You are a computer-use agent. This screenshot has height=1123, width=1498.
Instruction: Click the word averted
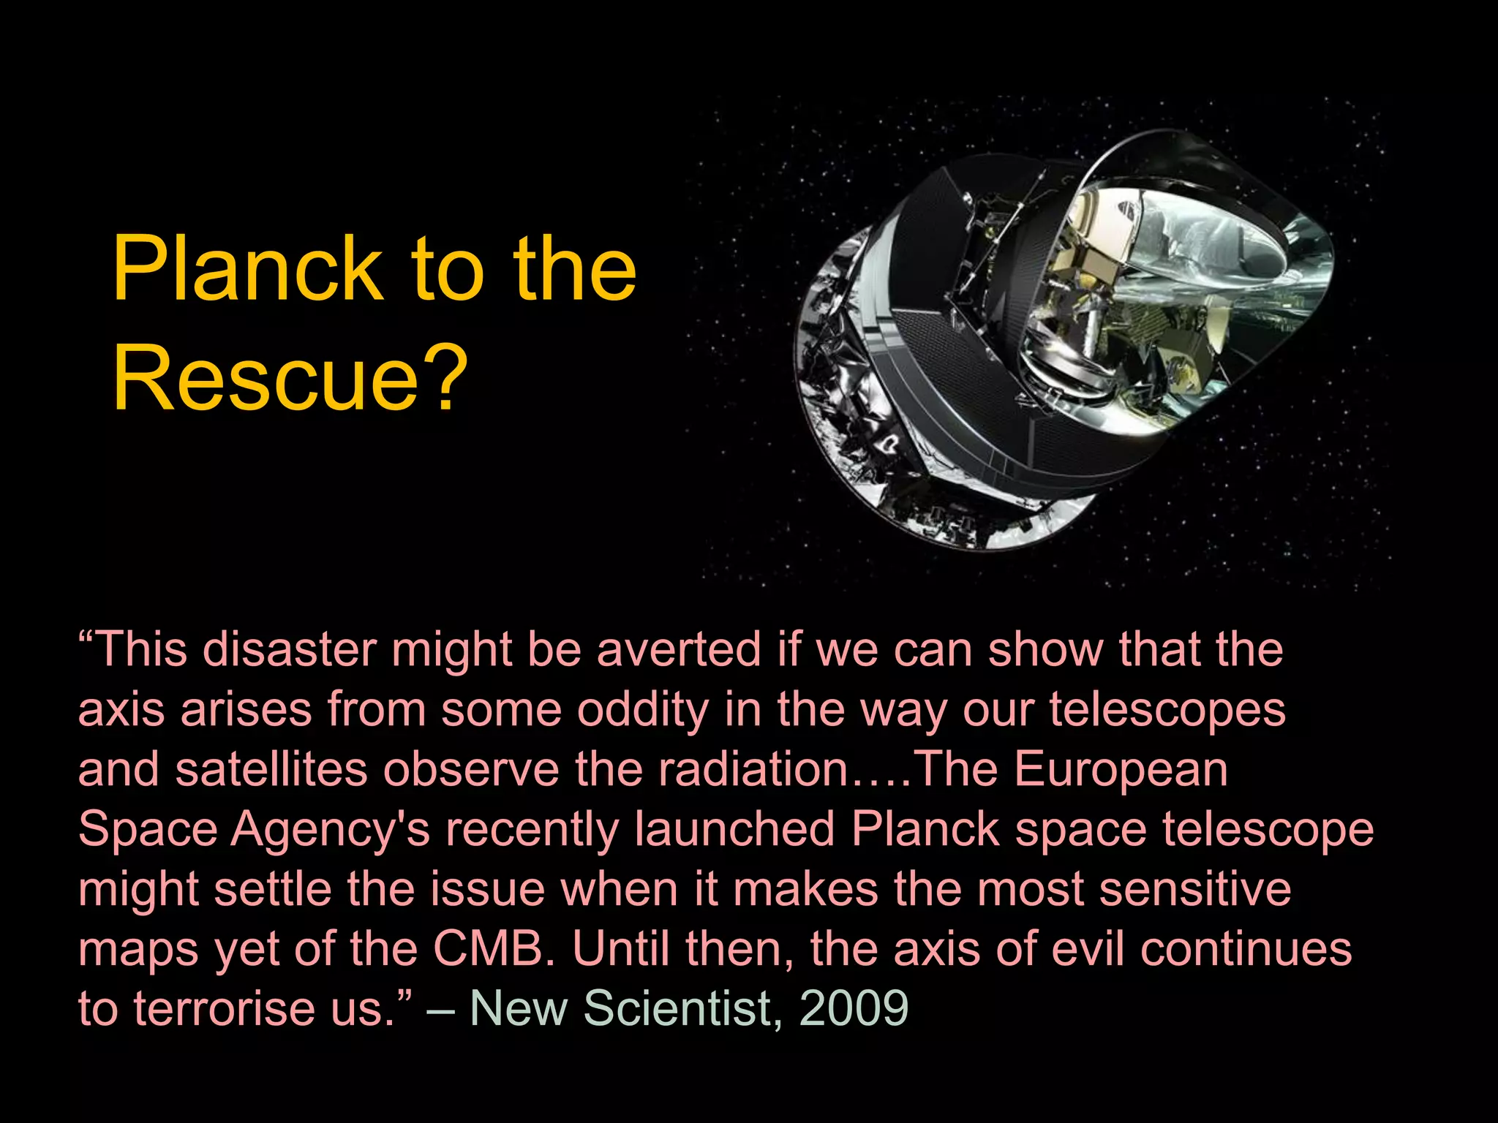[679, 649]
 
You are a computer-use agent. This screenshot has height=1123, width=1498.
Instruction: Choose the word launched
[735, 829]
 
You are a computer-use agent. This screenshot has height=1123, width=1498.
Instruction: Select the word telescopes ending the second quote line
[1167, 711]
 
